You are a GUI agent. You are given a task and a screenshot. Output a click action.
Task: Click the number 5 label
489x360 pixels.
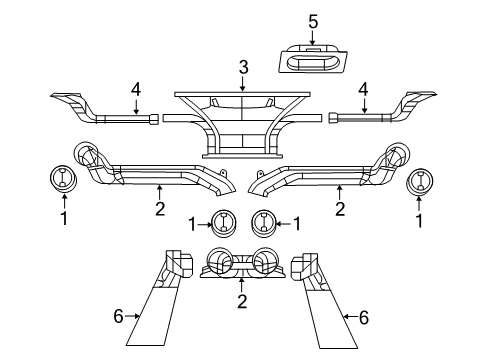[x=313, y=20]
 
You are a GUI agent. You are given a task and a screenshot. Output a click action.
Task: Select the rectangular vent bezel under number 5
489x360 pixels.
[x=313, y=61]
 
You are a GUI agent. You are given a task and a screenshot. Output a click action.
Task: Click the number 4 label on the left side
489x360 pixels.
[x=136, y=89]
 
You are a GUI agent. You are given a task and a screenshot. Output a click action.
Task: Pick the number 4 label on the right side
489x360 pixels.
[x=364, y=89]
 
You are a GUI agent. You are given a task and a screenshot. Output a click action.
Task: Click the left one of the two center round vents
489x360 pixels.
[x=221, y=223]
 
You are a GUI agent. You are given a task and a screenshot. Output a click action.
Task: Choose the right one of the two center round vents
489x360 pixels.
[x=263, y=223]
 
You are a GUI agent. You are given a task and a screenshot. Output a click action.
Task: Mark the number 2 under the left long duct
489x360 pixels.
[x=159, y=208]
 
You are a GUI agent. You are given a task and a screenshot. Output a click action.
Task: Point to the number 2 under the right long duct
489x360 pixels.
[x=340, y=209]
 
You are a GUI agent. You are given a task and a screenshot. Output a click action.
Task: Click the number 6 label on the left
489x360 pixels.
[x=119, y=316]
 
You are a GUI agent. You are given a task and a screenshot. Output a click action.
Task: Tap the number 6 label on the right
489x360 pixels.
[x=363, y=316]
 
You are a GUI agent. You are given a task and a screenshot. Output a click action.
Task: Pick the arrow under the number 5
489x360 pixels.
[x=313, y=38]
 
